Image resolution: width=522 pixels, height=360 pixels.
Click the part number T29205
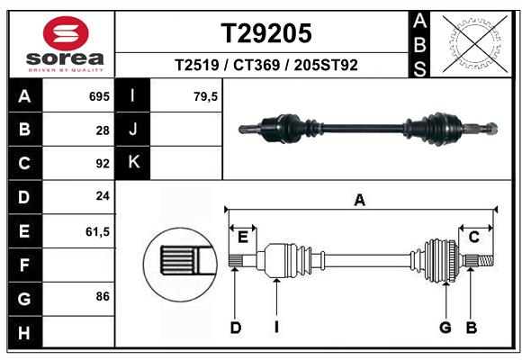267,33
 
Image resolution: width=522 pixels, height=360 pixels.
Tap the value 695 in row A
98,96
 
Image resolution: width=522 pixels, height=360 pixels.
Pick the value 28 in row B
102,130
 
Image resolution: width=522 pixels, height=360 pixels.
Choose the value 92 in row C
102,164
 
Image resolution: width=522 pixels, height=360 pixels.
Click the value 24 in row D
102,197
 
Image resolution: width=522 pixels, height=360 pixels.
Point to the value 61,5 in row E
96,231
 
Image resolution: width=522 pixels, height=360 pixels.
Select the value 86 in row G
102,295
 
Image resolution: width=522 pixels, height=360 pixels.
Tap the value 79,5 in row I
205,96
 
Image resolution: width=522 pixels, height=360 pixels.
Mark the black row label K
133,163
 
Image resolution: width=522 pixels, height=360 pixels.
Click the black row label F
23,265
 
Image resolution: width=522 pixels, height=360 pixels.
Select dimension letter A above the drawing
360,201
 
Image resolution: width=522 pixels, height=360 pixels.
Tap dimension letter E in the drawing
242,237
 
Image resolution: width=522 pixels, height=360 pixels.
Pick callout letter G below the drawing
445,328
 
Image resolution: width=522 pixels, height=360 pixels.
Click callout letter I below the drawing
277,328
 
